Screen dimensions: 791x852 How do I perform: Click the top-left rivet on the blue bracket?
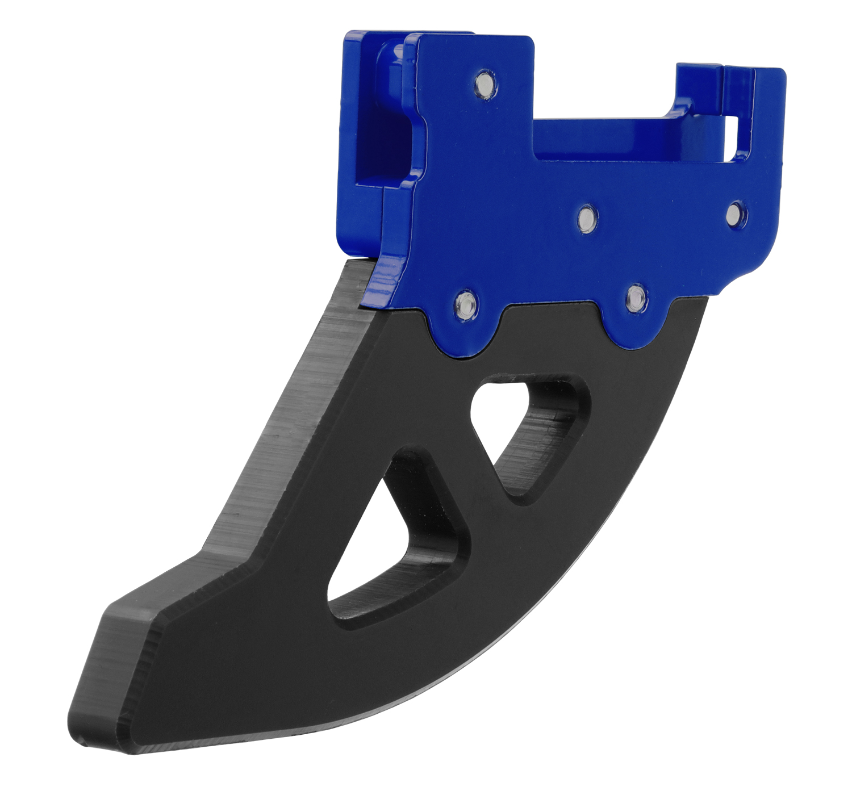click(x=485, y=84)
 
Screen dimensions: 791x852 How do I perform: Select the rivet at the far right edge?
click(x=736, y=213)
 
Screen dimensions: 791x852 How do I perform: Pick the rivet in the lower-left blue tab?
click(x=466, y=304)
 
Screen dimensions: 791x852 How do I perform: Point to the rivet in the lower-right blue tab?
click(x=636, y=297)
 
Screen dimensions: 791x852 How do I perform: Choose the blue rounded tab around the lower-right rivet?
click(x=636, y=324)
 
